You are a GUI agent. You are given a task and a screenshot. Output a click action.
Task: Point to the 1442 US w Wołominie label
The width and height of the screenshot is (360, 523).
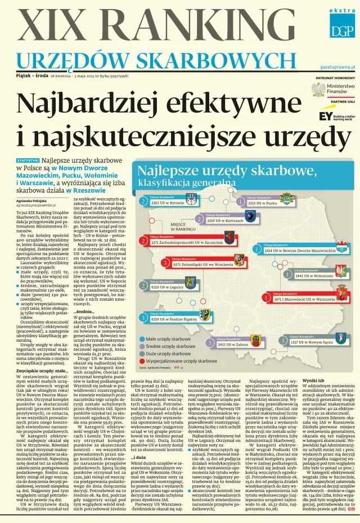tap(315, 276)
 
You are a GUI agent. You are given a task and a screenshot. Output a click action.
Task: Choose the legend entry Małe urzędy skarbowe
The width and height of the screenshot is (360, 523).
tap(168, 339)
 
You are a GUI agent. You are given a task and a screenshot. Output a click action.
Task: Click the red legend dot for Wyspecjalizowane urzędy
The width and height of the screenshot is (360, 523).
tap(141, 359)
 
